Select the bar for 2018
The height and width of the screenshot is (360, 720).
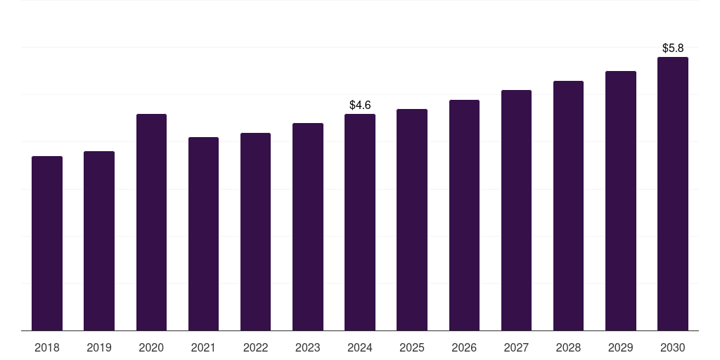47,243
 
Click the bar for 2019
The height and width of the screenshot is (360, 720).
99,240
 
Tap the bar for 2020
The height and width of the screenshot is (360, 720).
151,222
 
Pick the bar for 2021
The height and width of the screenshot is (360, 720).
203,233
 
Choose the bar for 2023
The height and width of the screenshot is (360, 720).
308,226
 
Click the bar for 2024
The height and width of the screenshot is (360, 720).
360,222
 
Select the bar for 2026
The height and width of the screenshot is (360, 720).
464,215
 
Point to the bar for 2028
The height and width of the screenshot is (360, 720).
568,205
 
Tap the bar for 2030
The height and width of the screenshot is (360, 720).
673,193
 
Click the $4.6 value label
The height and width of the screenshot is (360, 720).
360,105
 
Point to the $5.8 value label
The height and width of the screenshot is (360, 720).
673,48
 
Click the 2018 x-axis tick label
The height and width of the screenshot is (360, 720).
47,347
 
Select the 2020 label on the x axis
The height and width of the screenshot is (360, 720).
151,347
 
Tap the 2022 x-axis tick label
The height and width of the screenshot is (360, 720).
255,347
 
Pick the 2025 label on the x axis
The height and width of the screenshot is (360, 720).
412,347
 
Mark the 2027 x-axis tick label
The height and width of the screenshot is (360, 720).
516,347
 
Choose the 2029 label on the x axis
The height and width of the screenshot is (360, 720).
621,347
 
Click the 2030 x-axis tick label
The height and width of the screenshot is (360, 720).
673,347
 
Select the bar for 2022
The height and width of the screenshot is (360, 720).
255,231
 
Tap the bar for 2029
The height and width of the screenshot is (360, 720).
621,200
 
